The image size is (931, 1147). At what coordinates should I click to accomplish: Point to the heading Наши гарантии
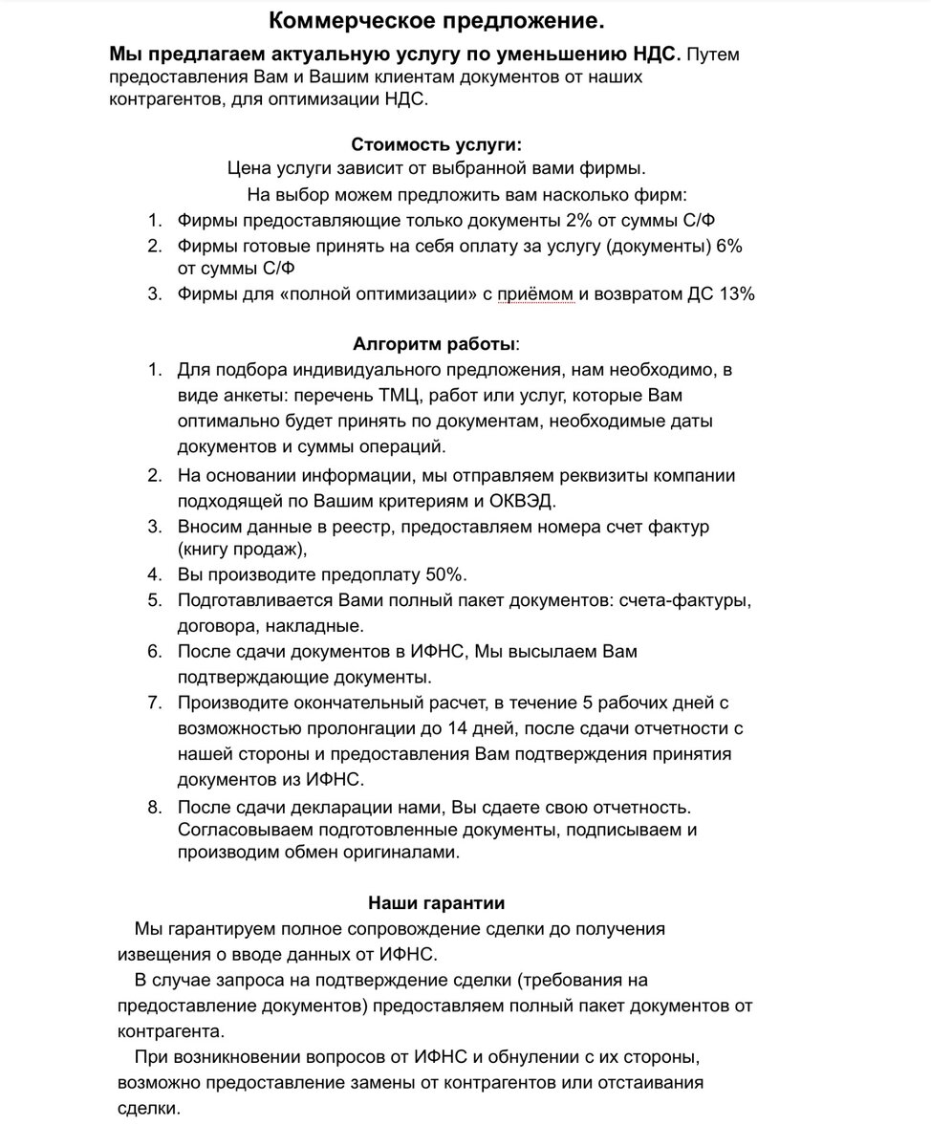point(436,902)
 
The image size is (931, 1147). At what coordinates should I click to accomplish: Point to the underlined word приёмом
point(534,294)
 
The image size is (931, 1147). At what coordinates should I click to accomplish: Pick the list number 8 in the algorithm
point(155,807)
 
